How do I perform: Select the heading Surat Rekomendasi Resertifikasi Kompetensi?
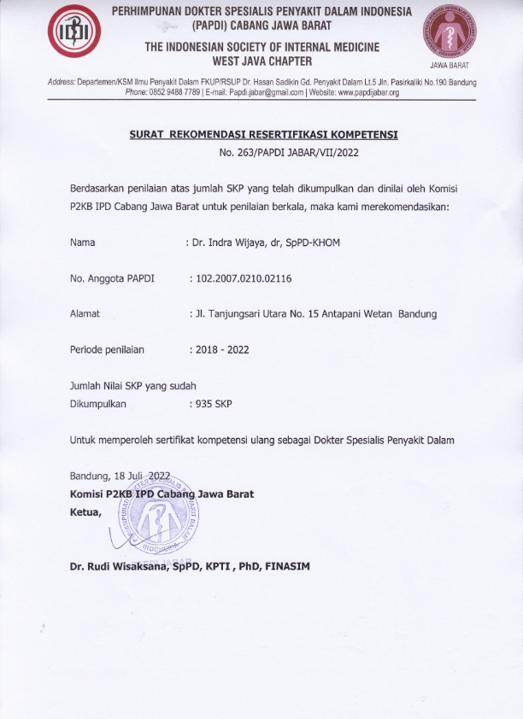tap(263, 135)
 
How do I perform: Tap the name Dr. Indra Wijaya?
tap(228, 243)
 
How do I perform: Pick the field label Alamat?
tap(85, 313)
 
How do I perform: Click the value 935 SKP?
tap(213, 403)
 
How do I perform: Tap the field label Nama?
tap(82, 243)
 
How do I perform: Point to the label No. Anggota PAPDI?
tap(106, 278)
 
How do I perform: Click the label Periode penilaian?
tap(107, 349)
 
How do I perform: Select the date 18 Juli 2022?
tap(147, 476)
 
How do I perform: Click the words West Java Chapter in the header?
tap(262, 61)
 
